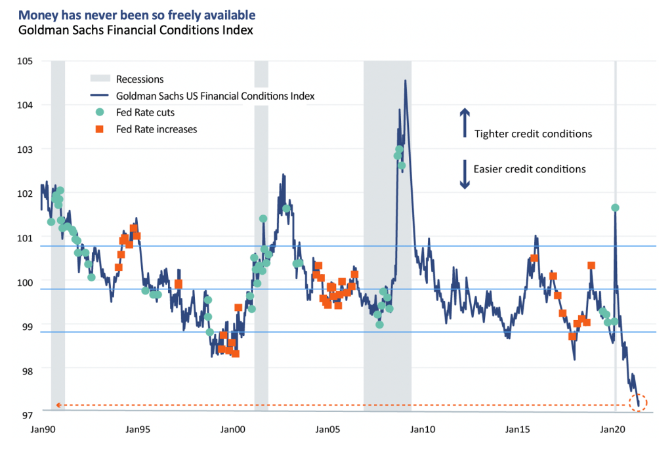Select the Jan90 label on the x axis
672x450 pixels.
tap(41, 430)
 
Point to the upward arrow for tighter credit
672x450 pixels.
tap(465, 123)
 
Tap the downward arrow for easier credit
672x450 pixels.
tap(465, 174)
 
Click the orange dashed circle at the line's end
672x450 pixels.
tap(638, 403)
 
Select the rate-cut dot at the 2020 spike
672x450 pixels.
tap(615, 207)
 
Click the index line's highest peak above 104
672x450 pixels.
tap(406, 81)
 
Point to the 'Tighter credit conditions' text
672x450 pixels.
tap(533, 134)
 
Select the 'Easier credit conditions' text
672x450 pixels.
tap(530, 169)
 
